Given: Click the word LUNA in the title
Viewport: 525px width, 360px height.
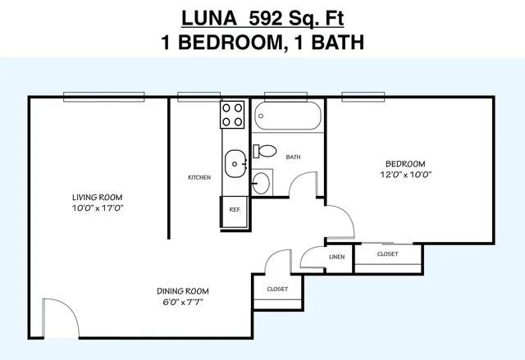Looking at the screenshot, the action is tap(209, 18).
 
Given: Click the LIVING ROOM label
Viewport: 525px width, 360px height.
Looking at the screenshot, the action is tap(98, 198).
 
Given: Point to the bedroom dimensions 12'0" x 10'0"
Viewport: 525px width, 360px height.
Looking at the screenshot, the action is tap(406, 175).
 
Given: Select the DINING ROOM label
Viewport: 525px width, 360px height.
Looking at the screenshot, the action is tap(183, 291).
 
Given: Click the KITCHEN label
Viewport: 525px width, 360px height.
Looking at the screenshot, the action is tap(199, 177).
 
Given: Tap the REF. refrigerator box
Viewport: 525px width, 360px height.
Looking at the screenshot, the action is tap(235, 212).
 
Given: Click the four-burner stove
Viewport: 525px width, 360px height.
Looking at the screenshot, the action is tap(232, 115).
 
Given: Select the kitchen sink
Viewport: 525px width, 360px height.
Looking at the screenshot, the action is tap(235, 164).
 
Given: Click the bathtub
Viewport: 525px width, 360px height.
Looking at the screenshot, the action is tap(288, 116).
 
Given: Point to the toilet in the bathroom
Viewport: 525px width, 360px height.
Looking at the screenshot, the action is tap(264, 151).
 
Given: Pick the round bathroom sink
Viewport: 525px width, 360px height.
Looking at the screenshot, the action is tap(261, 183).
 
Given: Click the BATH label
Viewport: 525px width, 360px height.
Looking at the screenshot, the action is tap(293, 157).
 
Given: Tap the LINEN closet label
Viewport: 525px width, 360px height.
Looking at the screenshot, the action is tap(337, 257).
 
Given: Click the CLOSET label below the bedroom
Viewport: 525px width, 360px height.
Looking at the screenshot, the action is tap(388, 254).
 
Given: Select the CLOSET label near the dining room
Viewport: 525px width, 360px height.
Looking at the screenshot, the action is tap(277, 289).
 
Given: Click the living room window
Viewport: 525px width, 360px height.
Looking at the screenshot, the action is tap(104, 97).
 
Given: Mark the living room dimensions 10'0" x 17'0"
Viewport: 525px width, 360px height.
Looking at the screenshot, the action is tap(98, 208).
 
